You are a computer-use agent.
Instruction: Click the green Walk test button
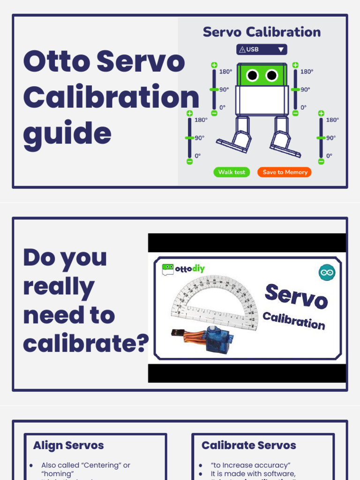[232, 172]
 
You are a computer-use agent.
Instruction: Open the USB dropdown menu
[262, 49]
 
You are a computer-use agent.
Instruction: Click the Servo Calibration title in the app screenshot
[262, 32]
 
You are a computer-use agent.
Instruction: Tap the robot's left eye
[253, 75]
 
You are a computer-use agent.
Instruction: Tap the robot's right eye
[272, 75]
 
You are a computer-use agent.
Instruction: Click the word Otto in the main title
[55, 61]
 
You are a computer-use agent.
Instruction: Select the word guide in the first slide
[67, 134]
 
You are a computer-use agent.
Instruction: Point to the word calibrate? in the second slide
[86, 343]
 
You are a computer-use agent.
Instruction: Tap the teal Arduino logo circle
[327, 272]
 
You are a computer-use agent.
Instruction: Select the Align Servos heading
[68, 445]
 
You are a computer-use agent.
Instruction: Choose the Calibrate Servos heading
[248, 445]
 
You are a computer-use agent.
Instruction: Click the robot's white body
[262, 100]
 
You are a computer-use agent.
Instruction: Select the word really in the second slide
[59, 286]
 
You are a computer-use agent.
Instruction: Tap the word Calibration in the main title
[111, 97]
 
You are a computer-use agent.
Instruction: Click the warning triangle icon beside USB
[242, 49]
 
